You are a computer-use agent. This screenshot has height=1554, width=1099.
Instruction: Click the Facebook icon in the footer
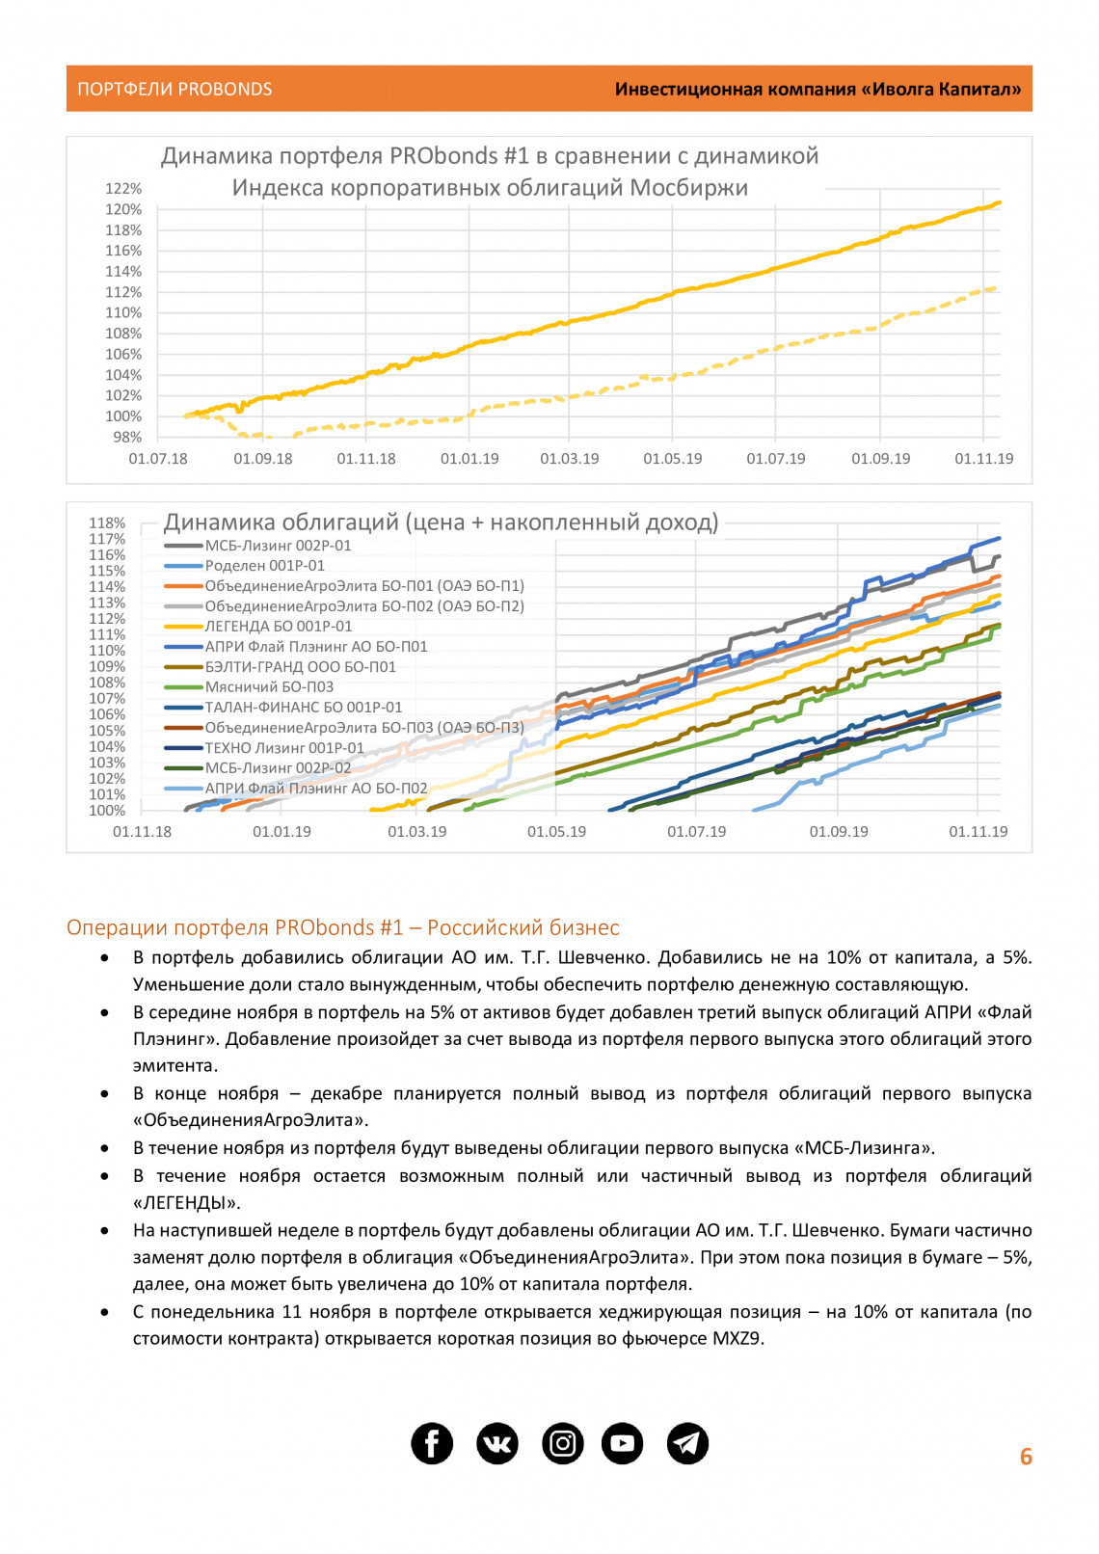[x=432, y=1443]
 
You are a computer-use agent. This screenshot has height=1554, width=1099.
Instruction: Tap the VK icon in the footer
[x=497, y=1443]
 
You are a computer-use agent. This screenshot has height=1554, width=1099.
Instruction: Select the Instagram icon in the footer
[x=563, y=1443]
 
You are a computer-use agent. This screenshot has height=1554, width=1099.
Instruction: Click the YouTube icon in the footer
[x=623, y=1443]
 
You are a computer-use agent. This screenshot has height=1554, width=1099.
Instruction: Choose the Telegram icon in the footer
[x=687, y=1443]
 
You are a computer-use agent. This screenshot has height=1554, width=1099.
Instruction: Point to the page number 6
[x=1026, y=1457]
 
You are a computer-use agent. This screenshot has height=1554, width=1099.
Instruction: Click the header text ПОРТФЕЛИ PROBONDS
[x=174, y=90]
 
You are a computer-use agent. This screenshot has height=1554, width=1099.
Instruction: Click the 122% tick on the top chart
[x=123, y=189]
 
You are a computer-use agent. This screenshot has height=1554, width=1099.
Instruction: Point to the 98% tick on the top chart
[x=127, y=437]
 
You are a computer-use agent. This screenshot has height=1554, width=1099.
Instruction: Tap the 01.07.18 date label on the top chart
[x=158, y=459]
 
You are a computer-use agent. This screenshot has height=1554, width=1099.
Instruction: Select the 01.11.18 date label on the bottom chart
[x=142, y=832]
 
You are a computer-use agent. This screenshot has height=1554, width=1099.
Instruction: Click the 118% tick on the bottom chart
[x=107, y=523]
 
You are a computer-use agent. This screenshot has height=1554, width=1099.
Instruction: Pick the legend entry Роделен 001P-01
[x=264, y=566]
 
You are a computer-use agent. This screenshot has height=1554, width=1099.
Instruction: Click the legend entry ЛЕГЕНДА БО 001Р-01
[x=278, y=627]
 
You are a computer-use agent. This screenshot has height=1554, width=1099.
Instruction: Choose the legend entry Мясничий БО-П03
[x=269, y=687]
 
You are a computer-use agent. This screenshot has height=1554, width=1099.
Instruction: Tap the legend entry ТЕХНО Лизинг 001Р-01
[x=284, y=748]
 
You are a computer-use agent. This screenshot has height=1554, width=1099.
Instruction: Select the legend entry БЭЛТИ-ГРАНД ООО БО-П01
[x=300, y=667]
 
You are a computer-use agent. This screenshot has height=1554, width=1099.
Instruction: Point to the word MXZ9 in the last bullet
[x=737, y=1338]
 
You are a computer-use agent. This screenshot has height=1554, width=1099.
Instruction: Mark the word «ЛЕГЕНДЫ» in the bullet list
[x=187, y=1202]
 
